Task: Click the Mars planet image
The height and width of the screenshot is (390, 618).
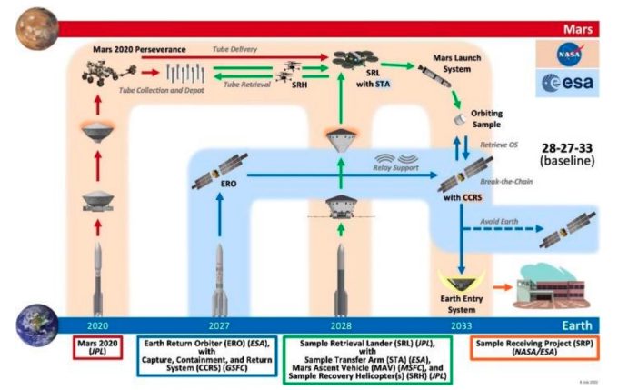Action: (36, 27)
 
